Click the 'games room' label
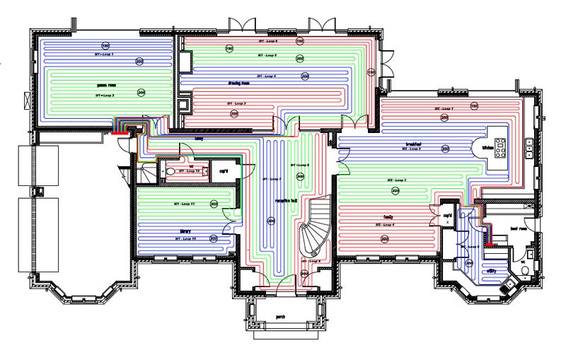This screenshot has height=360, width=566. coord(106,85)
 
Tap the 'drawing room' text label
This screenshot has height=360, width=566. coord(261,83)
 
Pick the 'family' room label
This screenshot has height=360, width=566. coord(388,217)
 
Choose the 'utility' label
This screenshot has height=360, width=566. coord(492,271)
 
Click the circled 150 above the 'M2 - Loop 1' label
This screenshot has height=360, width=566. coord(475,106)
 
